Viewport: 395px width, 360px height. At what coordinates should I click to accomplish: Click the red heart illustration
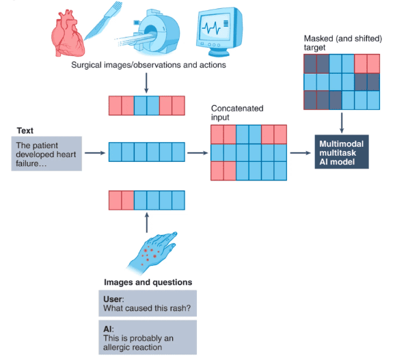68,33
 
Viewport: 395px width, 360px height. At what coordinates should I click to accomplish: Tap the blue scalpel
103,20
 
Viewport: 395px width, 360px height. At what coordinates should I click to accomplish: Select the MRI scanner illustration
148,32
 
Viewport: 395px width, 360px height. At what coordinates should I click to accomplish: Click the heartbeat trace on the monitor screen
211,28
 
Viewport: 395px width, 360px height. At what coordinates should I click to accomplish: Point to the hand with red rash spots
152,253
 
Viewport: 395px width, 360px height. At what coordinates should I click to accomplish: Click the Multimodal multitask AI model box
342,152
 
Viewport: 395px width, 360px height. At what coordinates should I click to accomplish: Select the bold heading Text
25,130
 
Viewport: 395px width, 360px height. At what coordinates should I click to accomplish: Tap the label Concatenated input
237,113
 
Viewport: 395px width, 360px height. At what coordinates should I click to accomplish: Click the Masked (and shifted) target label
343,43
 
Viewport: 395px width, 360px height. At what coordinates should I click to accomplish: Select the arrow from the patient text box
95,153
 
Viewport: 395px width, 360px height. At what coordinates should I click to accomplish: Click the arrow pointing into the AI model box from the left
300,153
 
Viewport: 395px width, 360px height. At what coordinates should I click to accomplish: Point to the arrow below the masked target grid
342,123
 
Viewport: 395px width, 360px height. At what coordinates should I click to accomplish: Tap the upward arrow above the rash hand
147,223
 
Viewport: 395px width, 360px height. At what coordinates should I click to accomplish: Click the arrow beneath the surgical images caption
146,83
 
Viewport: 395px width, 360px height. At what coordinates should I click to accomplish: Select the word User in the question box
113,299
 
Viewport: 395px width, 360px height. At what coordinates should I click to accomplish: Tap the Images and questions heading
148,282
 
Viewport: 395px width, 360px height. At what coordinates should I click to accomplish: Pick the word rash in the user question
181,308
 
